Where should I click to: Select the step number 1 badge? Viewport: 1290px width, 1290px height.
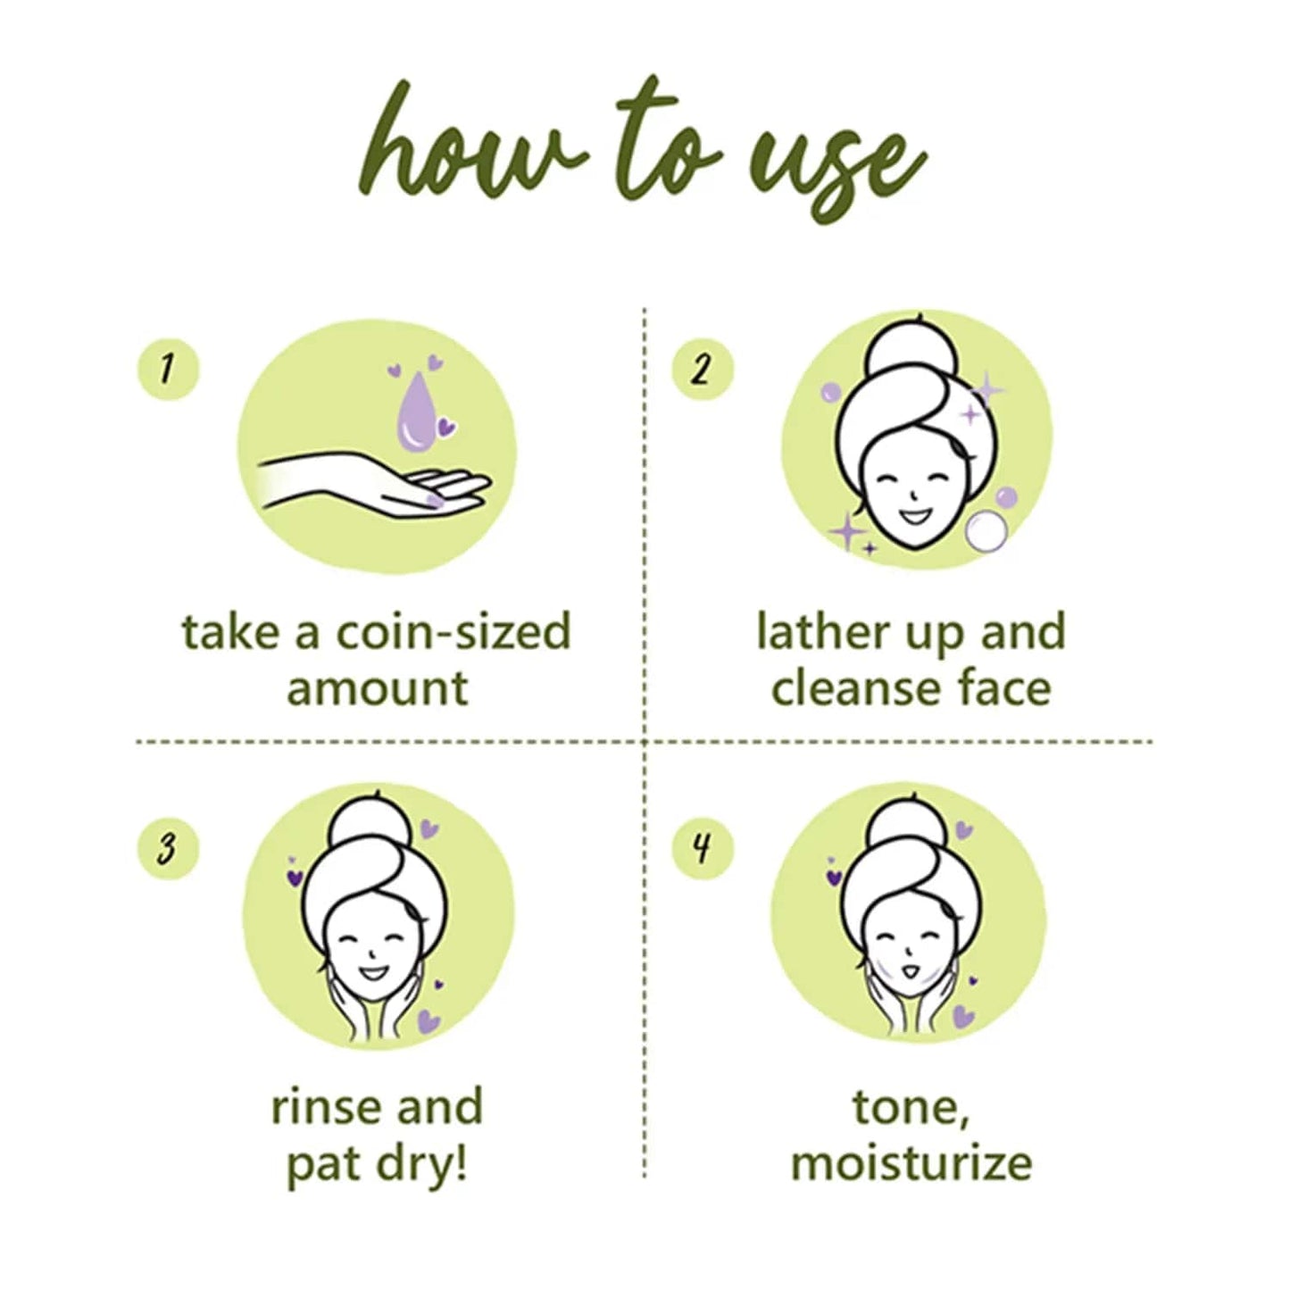pos(167,369)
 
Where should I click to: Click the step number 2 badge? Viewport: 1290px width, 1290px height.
pos(701,369)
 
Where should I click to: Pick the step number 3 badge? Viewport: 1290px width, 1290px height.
pos(167,847)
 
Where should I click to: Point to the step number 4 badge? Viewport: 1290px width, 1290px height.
pos(701,847)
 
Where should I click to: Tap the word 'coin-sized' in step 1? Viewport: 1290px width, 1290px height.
pos(453,632)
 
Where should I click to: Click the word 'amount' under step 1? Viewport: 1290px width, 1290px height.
pos(377,688)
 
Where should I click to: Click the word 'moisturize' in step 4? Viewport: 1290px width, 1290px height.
pos(911,1163)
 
